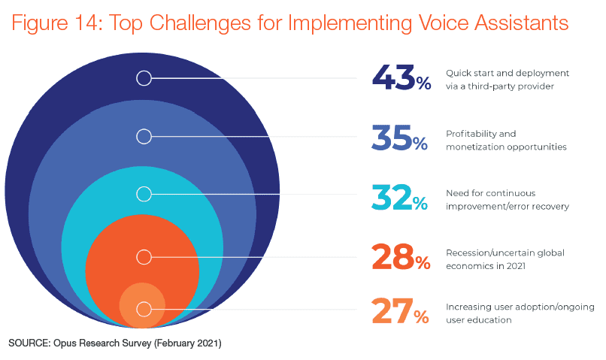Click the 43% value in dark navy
[x=401, y=77]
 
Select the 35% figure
[x=401, y=138]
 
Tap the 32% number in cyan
[x=400, y=196]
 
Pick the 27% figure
[x=400, y=311]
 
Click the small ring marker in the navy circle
[x=144, y=77]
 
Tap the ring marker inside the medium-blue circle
[x=144, y=136]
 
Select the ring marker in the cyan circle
[x=144, y=194]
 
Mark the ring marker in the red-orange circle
[x=144, y=257]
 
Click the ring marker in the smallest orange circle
[x=144, y=309]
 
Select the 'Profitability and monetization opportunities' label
[x=505, y=140]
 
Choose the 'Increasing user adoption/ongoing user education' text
[x=520, y=313]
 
